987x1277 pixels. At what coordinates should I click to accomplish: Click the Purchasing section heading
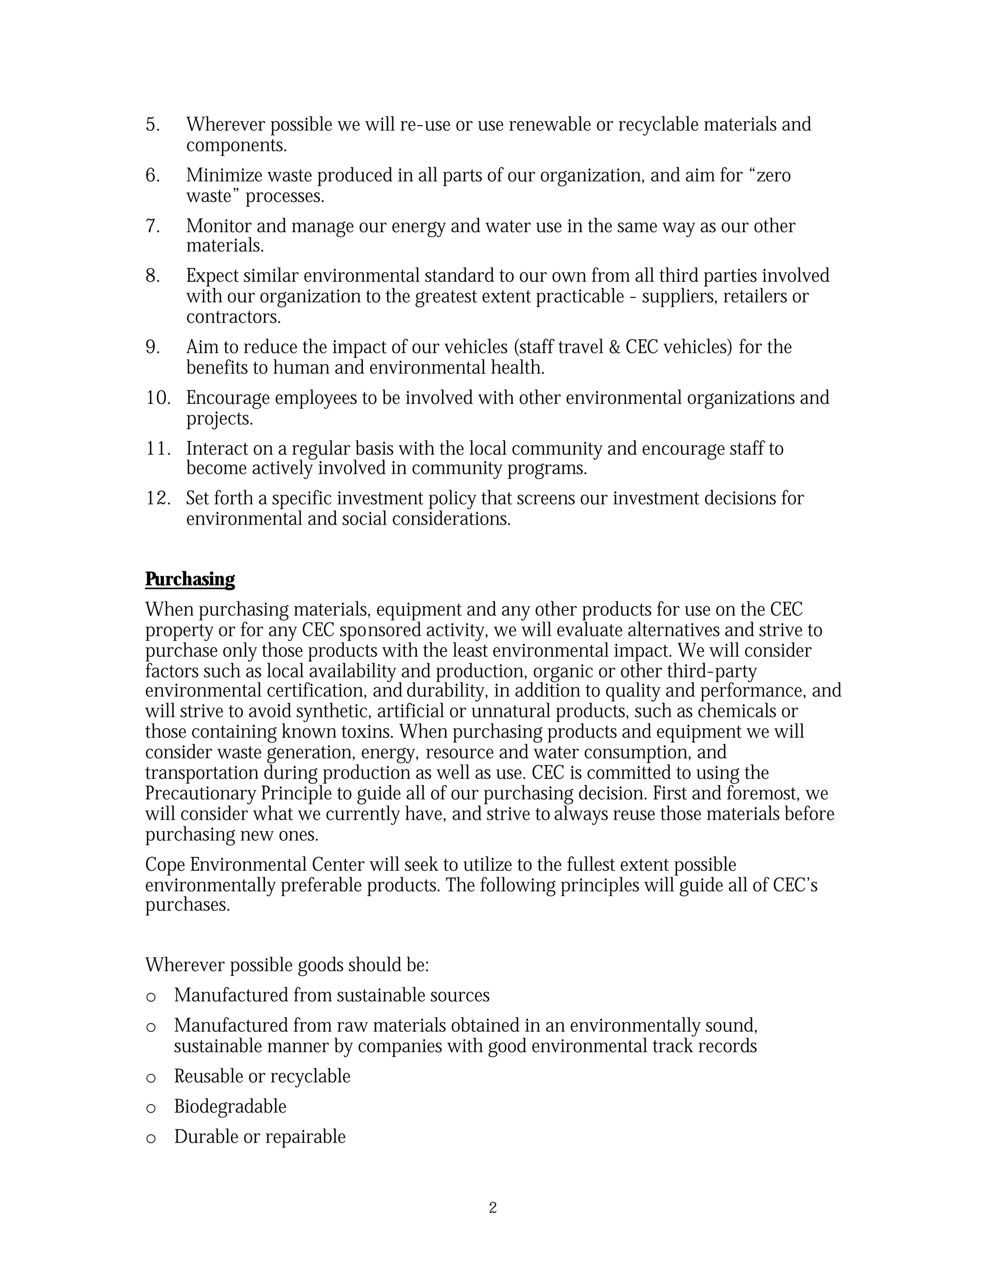click(189, 579)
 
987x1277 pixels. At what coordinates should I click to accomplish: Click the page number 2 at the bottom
click(493, 1208)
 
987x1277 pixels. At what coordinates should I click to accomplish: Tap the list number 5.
click(152, 124)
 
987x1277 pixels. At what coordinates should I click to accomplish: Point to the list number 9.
click(152, 347)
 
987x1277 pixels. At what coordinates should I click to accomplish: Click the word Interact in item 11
click(211, 449)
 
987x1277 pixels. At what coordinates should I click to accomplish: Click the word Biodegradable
click(230, 1107)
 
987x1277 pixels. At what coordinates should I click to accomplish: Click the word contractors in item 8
click(233, 317)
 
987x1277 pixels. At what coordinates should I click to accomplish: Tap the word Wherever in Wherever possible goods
click(184, 965)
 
